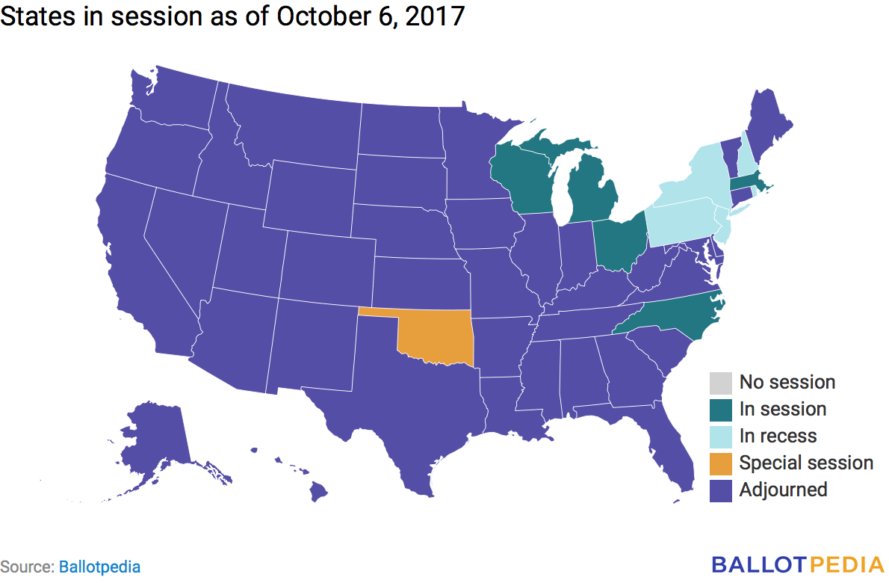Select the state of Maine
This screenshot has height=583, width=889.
click(x=769, y=120)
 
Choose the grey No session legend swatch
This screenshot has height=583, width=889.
click(x=721, y=383)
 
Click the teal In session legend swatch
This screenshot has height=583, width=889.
click(x=721, y=410)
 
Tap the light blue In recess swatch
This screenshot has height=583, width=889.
click(x=721, y=437)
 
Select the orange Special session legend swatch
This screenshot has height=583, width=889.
click(x=721, y=463)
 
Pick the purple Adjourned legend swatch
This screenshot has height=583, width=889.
click(x=721, y=490)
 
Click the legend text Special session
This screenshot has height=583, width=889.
click(x=806, y=463)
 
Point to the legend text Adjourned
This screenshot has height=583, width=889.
click(x=783, y=490)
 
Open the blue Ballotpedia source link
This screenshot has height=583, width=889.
click(x=99, y=567)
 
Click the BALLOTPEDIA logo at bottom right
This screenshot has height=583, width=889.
click(x=796, y=564)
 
